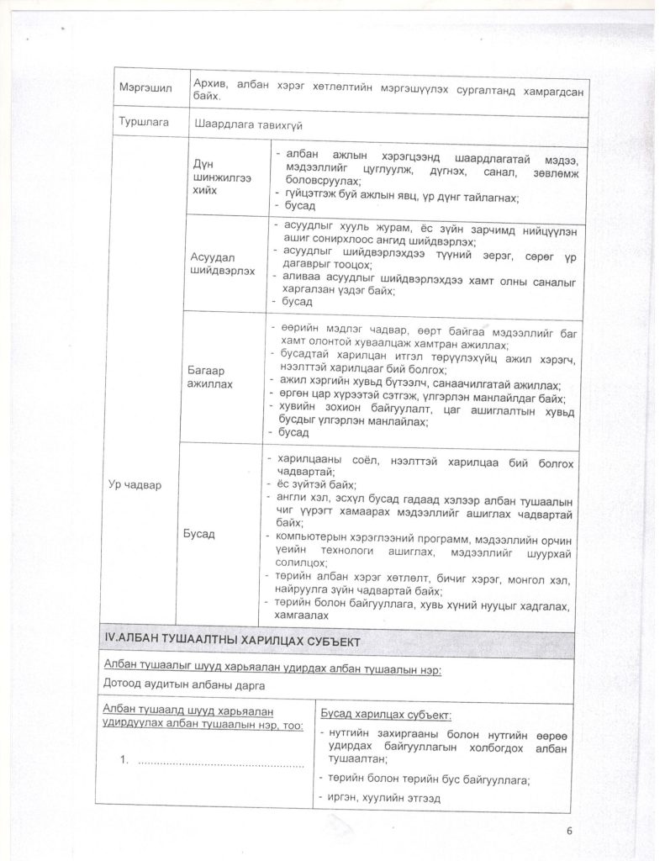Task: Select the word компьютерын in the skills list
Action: (309, 536)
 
